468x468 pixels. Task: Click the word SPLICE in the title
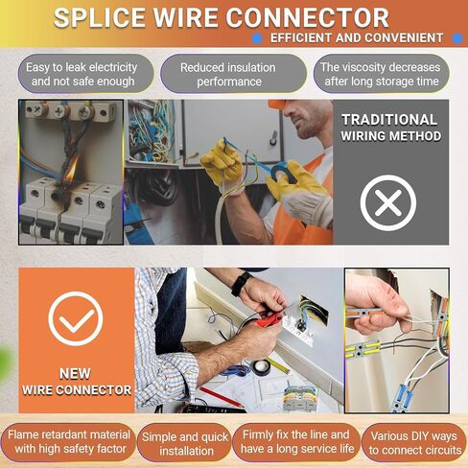(x=100, y=17)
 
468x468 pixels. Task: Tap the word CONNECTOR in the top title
(x=308, y=17)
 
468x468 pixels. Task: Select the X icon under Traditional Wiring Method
(x=388, y=202)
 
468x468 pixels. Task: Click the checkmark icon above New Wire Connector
(x=76, y=318)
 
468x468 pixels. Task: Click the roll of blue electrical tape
(x=283, y=172)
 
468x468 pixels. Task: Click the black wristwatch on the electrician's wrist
(x=240, y=284)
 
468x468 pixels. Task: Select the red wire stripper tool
(x=269, y=319)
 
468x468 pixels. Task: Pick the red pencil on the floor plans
(x=222, y=397)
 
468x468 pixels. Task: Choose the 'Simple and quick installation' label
(x=185, y=444)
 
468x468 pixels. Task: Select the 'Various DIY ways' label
(x=414, y=443)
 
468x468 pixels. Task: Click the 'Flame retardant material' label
(x=70, y=441)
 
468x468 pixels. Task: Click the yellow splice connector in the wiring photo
(x=363, y=349)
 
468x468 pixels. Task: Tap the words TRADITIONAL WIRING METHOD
(x=390, y=128)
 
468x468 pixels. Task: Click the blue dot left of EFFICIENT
(x=257, y=38)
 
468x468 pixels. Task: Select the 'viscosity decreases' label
(x=381, y=74)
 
